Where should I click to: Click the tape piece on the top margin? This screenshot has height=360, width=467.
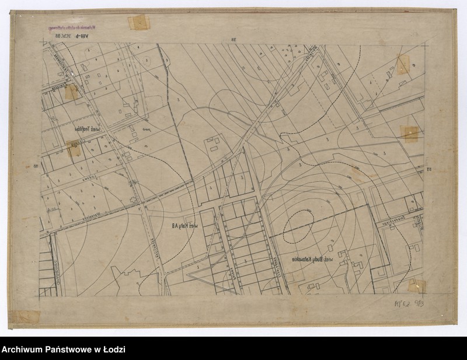pyautogui.click(x=139, y=23)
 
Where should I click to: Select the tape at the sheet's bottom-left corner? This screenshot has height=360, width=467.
pyautogui.click(x=26, y=317)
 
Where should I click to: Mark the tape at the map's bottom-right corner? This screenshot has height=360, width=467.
pyautogui.click(x=416, y=285)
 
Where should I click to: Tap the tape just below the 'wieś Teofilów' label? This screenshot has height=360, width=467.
pyautogui.click(x=74, y=149)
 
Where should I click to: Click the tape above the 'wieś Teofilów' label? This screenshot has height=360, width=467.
pyautogui.click(x=71, y=92)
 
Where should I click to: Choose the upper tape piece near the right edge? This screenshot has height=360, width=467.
pyautogui.click(x=403, y=65)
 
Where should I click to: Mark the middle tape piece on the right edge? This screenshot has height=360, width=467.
pyautogui.click(x=410, y=134)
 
